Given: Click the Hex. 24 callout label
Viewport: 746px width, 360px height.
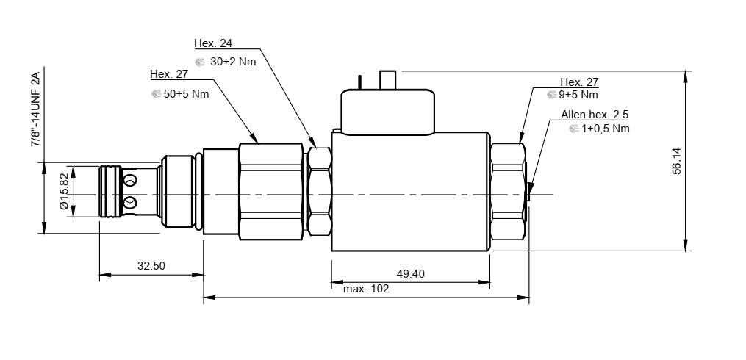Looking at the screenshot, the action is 213,43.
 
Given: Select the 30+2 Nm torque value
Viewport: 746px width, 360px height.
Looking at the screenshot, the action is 233,62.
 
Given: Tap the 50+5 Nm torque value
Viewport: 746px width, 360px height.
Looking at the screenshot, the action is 187,94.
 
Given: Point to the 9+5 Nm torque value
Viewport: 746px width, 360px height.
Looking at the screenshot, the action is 578,95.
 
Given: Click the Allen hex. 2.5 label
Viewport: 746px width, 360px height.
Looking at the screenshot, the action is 595,115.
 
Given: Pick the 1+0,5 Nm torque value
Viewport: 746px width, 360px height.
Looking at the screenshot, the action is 605,129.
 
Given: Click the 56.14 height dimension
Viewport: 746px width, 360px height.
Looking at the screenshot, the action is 677,161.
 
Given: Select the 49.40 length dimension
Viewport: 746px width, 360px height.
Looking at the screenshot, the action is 411,274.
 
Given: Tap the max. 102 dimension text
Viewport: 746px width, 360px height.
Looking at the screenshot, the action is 366,289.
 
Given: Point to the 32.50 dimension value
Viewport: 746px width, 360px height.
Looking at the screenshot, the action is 151,266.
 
